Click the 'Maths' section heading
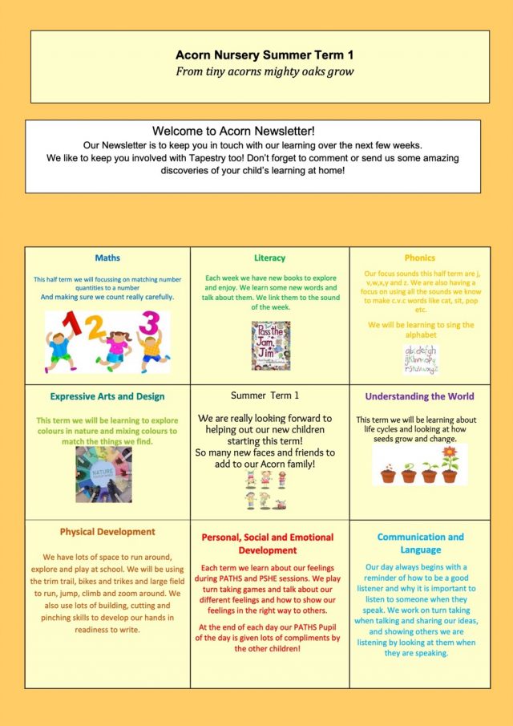pyautogui.click(x=107, y=258)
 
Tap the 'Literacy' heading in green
pyautogui.click(x=269, y=258)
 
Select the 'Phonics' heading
pyautogui.click(x=419, y=258)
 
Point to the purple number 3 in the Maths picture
pyautogui.click(x=149, y=322)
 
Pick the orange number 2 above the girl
pyautogui.click(x=97, y=326)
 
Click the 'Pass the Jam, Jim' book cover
pyautogui.click(x=270, y=345)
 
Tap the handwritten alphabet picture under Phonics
pyautogui.click(x=421, y=359)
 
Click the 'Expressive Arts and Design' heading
pyautogui.click(x=107, y=396)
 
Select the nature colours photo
pyautogui.click(x=103, y=474)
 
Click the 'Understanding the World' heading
pyautogui.click(x=419, y=396)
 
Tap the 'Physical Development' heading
pyautogui.click(x=107, y=532)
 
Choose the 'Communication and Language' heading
pyautogui.click(x=420, y=543)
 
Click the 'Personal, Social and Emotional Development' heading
pyautogui.click(x=270, y=543)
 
